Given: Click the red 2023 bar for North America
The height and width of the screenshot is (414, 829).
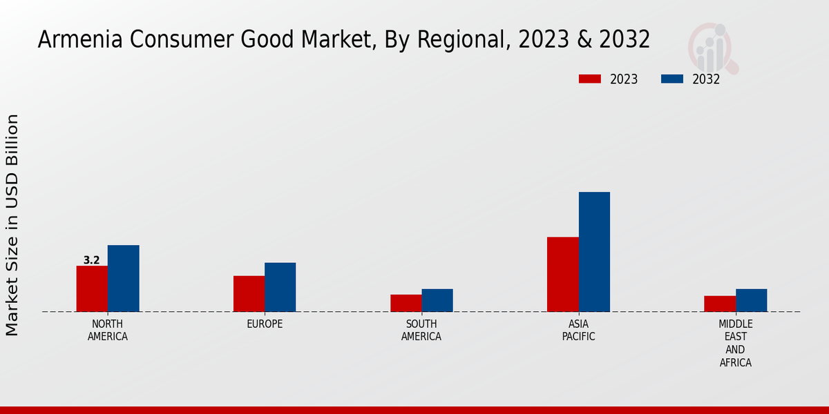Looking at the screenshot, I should (x=92, y=288).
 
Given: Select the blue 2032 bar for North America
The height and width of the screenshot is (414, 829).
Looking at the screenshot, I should (x=123, y=278).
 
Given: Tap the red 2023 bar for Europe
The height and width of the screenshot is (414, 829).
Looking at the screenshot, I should (x=249, y=293).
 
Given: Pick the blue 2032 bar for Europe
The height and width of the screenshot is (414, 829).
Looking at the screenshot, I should (x=280, y=287).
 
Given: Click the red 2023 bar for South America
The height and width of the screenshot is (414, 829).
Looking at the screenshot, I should (x=406, y=303).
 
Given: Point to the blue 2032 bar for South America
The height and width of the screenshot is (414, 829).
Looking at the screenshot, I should (x=437, y=300).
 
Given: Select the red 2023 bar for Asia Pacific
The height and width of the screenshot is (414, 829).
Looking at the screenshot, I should (x=562, y=274).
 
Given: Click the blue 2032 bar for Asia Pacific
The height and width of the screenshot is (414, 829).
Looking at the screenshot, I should (x=594, y=252).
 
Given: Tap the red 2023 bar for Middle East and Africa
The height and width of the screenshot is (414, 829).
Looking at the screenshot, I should (x=720, y=304).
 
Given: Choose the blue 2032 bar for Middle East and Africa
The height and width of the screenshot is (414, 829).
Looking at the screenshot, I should (x=751, y=300).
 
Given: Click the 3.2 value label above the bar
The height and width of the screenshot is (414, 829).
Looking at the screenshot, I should (x=91, y=260).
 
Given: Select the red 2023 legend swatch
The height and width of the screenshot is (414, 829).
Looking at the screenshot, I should (x=589, y=79).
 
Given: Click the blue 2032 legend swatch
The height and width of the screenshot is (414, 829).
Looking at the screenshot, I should (x=671, y=79).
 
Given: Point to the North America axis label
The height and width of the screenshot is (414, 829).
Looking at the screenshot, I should (x=108, y=331).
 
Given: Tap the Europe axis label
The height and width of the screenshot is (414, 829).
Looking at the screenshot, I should (x=265, y=324).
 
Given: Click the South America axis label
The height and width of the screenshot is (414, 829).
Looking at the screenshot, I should (x=421, y=331).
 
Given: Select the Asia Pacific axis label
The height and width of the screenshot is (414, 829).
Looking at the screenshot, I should (x=578, y=331).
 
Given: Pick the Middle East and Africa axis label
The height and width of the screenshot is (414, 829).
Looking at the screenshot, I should (x=735, y=343).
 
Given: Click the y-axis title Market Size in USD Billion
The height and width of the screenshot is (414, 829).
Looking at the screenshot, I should (x=12, y=225).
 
